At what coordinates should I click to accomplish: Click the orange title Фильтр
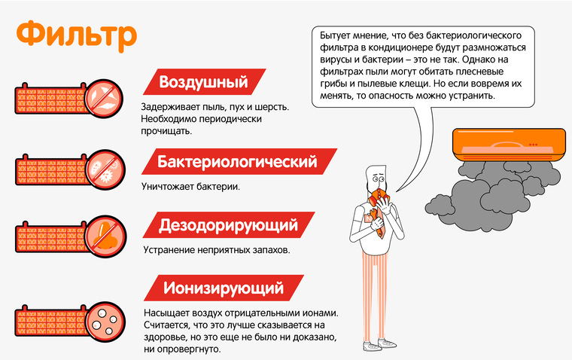pyautogui.click(x=77, y=36)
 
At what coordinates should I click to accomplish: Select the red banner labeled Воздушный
pyautogui.click(x=204, y=82)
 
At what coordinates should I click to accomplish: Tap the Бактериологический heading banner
pyautogui.click(x=239, y=161)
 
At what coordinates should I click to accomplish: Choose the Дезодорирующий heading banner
pyautogui.click(x=228, y=225)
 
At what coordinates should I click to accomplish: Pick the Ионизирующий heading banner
pyautogui.click(x=224, y=288)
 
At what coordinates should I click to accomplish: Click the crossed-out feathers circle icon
pyautogui.click(x=103, y=99)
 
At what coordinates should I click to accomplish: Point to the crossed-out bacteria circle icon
pyautogui.click(x=105, y=169)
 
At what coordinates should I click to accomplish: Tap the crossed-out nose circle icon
pyautogui.click(x=106, y=236)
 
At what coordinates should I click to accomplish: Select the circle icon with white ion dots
pyautogui.click(x=105, y=322)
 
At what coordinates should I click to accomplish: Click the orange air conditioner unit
pyautogui.click(x=509, y=145)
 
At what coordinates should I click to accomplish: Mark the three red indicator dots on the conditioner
pyautogui.click(x=534, y=145)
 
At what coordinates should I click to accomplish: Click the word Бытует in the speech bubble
pyautogui.click(x=334, y=35)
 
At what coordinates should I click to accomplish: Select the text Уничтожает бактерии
pyautogui.click(x=190, y=187)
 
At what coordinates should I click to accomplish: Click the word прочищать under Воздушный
pyautogui.click(x=166, y=131)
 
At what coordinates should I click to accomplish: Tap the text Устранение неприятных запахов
pyautogui.click(x=217, y=250)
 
